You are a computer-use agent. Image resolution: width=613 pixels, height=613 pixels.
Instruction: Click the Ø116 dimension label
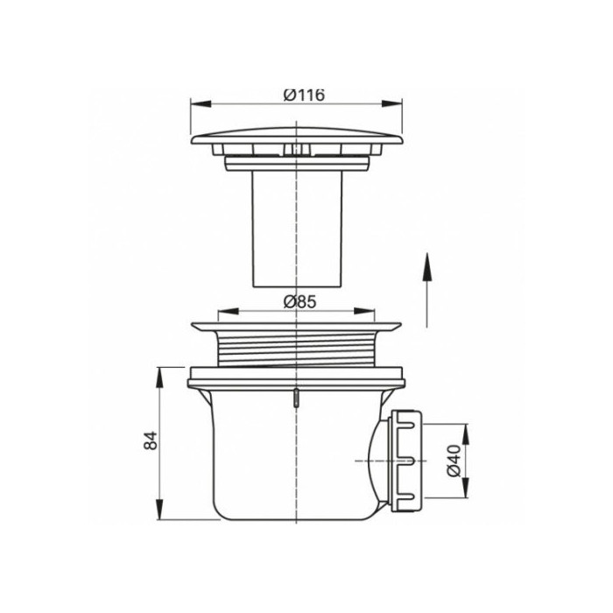click(x=304, y=95)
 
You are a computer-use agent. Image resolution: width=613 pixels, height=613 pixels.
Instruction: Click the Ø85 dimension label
click(x=299, y=302)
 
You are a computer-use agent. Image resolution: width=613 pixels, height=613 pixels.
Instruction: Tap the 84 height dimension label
click(x=151, y=440)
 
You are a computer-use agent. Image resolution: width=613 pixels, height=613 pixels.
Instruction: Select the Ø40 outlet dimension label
click(x=454, y=461)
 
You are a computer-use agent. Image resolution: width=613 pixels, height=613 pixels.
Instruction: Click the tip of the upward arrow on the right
click(x=427, y=253)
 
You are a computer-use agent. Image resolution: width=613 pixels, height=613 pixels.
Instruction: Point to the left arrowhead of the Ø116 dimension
click(x=201, y=103)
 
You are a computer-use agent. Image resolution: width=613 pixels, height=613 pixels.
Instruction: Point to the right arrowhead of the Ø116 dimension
click(x=392, y=103)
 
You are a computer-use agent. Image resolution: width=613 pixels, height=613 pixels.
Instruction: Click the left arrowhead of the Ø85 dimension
click(x=228, y=311)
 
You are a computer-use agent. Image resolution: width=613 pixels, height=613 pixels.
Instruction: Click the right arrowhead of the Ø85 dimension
click(x=364, y=311)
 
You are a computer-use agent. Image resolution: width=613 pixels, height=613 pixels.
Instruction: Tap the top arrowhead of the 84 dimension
click(x=159, y=377)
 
